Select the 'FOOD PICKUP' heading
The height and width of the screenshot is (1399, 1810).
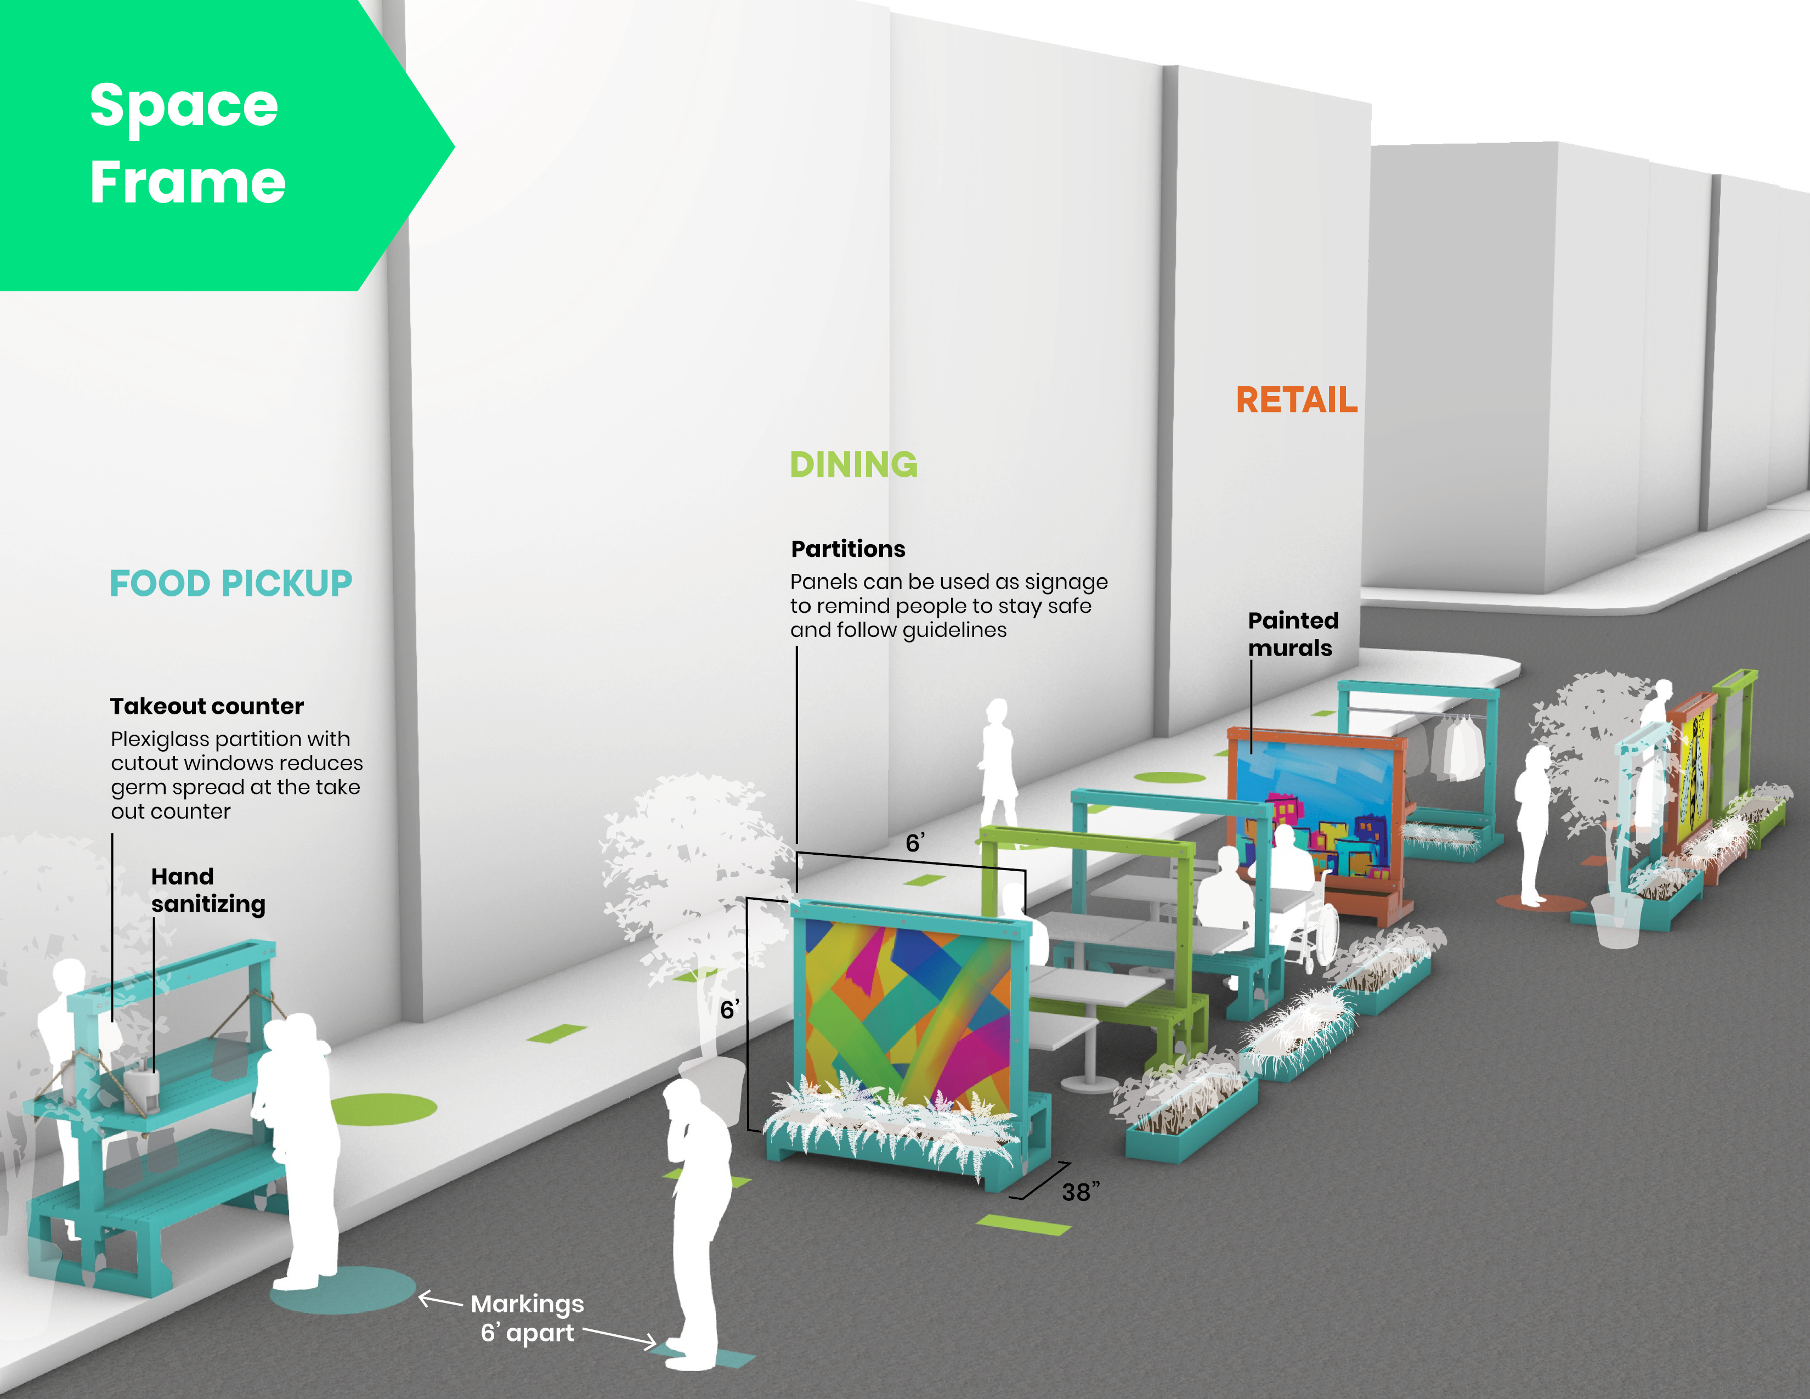pos(230,584)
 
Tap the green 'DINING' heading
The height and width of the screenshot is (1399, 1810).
pos(853,465)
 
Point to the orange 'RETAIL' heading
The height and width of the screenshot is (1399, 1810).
pos(1296,400)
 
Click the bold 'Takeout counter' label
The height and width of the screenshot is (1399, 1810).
pos(207,706)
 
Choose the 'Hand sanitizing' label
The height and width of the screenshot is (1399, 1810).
pos(207,890)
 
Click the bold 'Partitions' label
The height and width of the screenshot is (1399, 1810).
pos(848,549)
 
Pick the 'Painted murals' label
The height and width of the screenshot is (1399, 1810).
pos(1292,634)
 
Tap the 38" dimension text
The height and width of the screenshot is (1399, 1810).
pos(1081,1192)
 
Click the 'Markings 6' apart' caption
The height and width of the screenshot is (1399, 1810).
pos(528,1318)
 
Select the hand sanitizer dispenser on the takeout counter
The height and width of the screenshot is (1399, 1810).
pos(143,1087)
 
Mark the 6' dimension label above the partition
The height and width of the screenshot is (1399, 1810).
pos(914,843)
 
